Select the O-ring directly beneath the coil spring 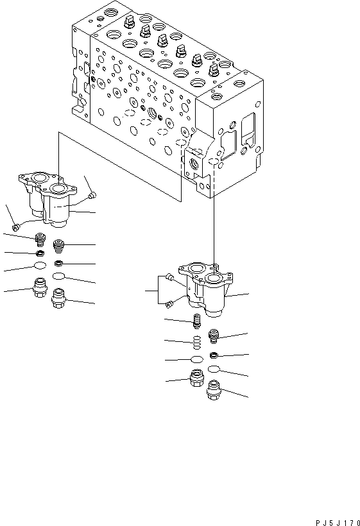tap(198, 359)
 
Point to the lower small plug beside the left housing tap(15, 225)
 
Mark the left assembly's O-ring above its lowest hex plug tap(59, 276)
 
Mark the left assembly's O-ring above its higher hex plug tap(40, 266)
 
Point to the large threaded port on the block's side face tap(153, 114)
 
